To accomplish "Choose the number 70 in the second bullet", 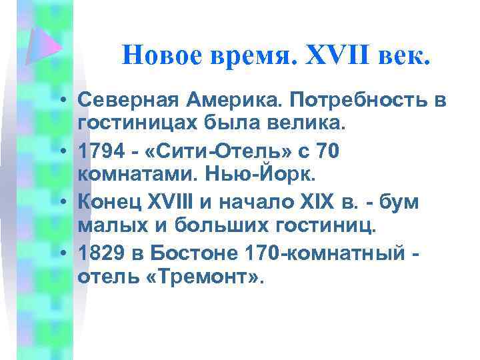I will (x=328, y=151).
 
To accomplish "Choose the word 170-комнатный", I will (x=341, y=253).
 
